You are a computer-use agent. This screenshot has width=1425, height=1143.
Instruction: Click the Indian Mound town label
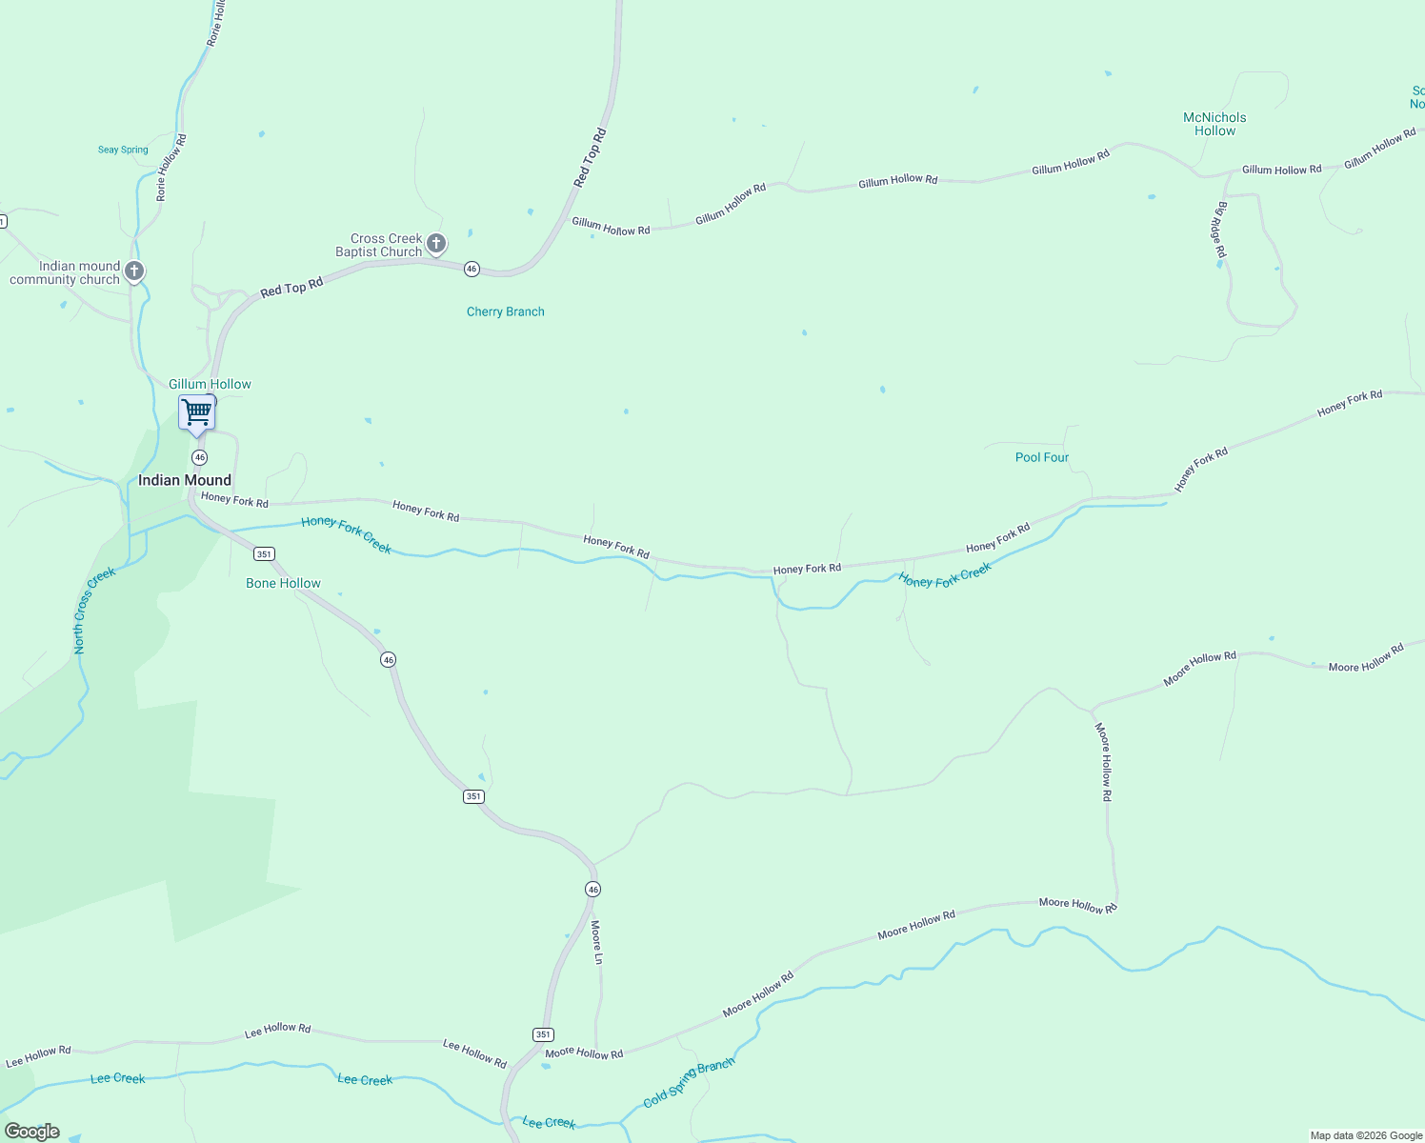(185, 480)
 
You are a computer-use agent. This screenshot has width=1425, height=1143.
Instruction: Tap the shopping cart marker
(196, 413)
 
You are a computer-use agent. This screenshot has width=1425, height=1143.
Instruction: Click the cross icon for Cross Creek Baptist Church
(436, 244)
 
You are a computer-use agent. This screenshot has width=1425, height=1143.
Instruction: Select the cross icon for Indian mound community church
(135, 271)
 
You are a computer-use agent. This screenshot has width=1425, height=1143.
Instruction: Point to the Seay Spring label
(123, 150)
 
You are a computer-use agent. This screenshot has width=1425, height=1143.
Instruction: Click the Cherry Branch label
(506, 311)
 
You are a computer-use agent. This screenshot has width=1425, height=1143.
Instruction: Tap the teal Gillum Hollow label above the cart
(210, 384)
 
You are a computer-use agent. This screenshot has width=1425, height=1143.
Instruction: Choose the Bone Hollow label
(283, 583)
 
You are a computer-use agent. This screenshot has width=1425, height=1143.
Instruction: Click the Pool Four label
(1042, 457)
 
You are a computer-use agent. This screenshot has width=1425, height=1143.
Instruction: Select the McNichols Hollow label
(1214, 124)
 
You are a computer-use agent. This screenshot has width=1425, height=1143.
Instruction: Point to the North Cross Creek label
(94, 611)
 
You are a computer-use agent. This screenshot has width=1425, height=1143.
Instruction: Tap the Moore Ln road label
(597, 941)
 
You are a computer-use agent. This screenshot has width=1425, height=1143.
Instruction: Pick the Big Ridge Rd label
(1220, 230)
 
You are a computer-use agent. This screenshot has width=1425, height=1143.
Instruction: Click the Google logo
(32, 1132)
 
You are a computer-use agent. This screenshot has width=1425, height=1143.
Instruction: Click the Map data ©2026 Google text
(1366, 1135)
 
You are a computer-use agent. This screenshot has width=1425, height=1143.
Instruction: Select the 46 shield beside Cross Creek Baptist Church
(472, 270)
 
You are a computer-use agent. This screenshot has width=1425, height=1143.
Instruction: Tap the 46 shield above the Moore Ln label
(592, 889)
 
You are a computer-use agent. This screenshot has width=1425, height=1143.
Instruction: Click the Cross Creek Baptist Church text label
(379, 245)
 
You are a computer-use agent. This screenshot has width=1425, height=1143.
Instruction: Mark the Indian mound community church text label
(65, 272)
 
